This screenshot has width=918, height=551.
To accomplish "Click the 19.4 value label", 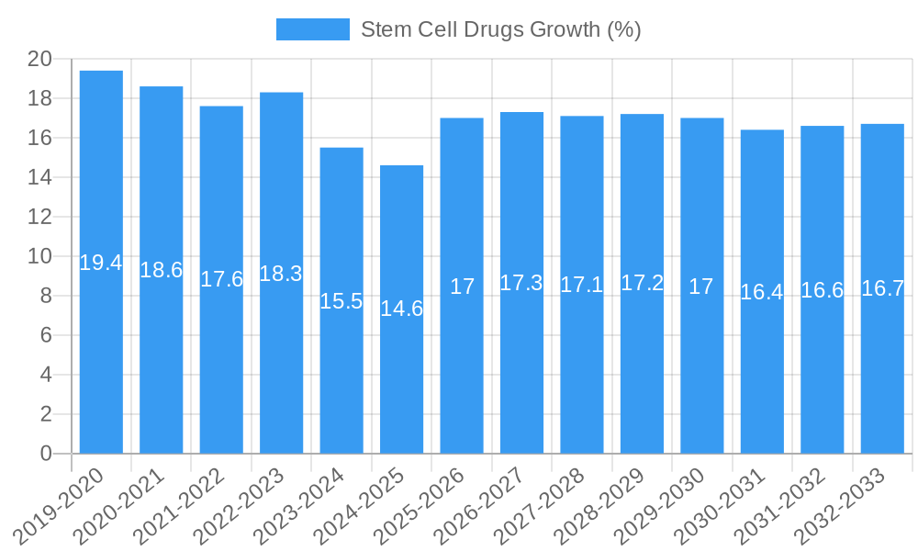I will point(101,263).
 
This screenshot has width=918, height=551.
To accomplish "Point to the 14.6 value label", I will point(402,309).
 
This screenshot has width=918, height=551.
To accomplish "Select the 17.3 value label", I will point(521,283).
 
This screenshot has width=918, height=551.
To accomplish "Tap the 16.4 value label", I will point(762,292).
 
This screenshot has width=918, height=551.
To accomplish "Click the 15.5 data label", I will point(341,301).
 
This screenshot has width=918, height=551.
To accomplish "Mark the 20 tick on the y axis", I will point(39,60).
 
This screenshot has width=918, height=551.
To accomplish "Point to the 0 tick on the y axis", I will point(46,454).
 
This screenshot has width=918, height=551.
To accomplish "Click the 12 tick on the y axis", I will point(39,218).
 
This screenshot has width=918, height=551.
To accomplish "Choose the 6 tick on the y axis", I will point(46,336).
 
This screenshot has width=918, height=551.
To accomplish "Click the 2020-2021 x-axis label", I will point(119,505).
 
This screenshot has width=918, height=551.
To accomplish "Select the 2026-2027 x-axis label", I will point(480,505).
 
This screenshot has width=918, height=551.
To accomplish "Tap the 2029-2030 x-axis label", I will point(661,505).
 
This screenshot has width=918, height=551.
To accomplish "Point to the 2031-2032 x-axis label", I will point(781,505).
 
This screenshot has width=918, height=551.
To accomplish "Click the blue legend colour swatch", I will point(313,29).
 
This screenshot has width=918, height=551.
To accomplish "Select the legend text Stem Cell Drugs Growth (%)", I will point(500,29).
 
